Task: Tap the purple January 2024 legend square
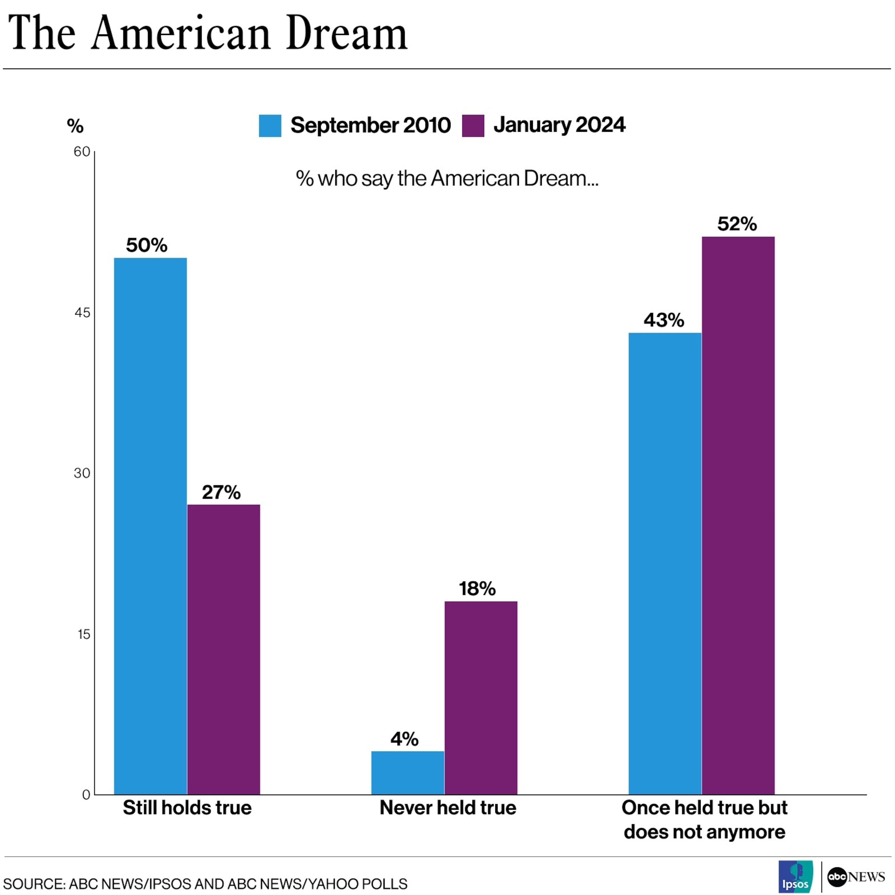(x=473, y=126)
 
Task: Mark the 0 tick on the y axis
(x=86, y=795)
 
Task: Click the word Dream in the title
(x=346, y=33)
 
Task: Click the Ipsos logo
(x=795, y=876)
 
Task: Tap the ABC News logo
(x=856, y=876)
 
